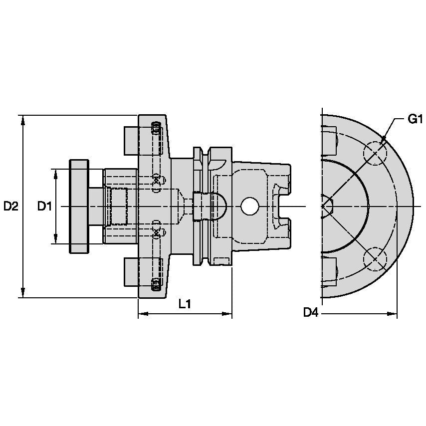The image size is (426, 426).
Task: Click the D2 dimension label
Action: [x=11, y=206]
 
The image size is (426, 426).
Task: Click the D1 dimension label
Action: [x=45, y=206]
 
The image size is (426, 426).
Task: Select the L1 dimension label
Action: [x=185, y=304]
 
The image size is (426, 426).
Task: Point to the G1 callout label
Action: [x=415, y=119]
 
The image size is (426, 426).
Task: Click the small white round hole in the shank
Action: [x=249, y=206]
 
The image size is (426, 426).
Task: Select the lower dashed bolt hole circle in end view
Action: [x=375, y=258]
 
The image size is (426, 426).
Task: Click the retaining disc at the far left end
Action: [x=79, y=206]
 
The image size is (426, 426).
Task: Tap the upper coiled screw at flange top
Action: [x=156, y=129]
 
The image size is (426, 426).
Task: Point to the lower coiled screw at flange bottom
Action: [x=156, y=284]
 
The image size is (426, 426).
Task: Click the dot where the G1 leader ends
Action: [x=383, y=138]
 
